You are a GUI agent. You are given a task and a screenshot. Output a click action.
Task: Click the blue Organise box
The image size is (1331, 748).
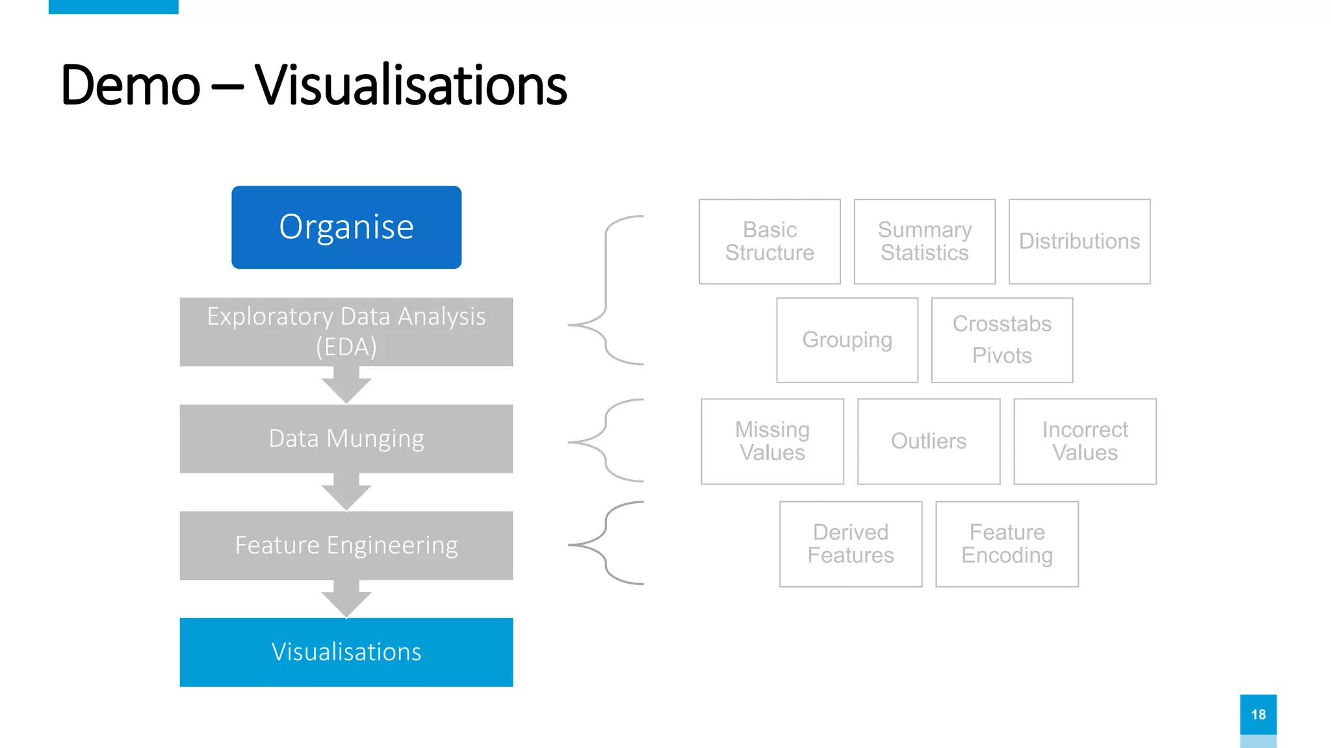tap(346, 227)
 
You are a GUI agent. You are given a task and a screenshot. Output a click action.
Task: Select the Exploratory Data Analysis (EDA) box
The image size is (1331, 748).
tap(346, 332)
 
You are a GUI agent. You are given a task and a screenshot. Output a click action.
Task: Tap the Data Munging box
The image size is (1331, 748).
tap(346, 439)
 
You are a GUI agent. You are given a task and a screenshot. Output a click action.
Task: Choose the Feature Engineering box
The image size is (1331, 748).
tap(346, 545)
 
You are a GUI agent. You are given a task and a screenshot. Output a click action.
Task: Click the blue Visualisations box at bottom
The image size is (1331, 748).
tap(346, 652)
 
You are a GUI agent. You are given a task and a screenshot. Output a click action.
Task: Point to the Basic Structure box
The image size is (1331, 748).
tap(769, 242)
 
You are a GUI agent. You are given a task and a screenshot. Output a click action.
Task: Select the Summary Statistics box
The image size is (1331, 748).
tap(924, 242)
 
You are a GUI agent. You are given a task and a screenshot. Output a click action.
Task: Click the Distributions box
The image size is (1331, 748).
tap(1079, 242)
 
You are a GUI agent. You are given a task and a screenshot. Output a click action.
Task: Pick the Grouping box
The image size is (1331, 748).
tap(847, 340)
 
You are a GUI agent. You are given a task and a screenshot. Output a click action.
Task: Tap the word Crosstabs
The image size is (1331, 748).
tap(1001, 323)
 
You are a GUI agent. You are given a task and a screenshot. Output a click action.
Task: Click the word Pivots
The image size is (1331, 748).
tap(1001, 356)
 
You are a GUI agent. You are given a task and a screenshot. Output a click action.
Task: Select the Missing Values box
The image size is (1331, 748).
tap(772, 442)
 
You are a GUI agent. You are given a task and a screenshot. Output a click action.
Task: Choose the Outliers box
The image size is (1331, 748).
tap(929, 442)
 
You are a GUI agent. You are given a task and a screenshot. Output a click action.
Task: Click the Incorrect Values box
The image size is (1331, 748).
tap(1085, 442)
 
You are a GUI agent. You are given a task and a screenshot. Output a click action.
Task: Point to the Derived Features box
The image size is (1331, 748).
tap(851, 544)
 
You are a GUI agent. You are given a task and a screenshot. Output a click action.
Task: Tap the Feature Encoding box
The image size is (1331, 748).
tap(1007, 544)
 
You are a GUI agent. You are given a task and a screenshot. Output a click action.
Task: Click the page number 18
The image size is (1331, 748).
tap(1258, 714)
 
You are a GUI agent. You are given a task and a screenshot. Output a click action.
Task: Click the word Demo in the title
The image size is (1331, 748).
tap(130, 86)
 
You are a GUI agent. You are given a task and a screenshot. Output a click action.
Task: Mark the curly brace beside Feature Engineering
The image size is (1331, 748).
tap(606, 544)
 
